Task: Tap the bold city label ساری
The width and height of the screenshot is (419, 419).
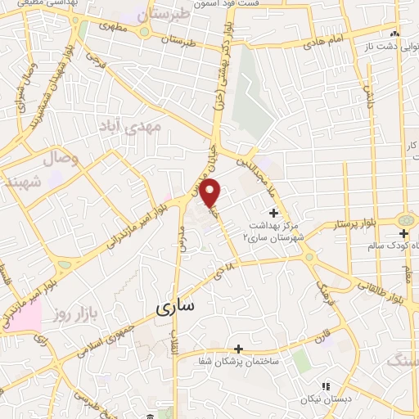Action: [176, 307]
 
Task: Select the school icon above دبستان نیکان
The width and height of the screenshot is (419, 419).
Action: [325, 385]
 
